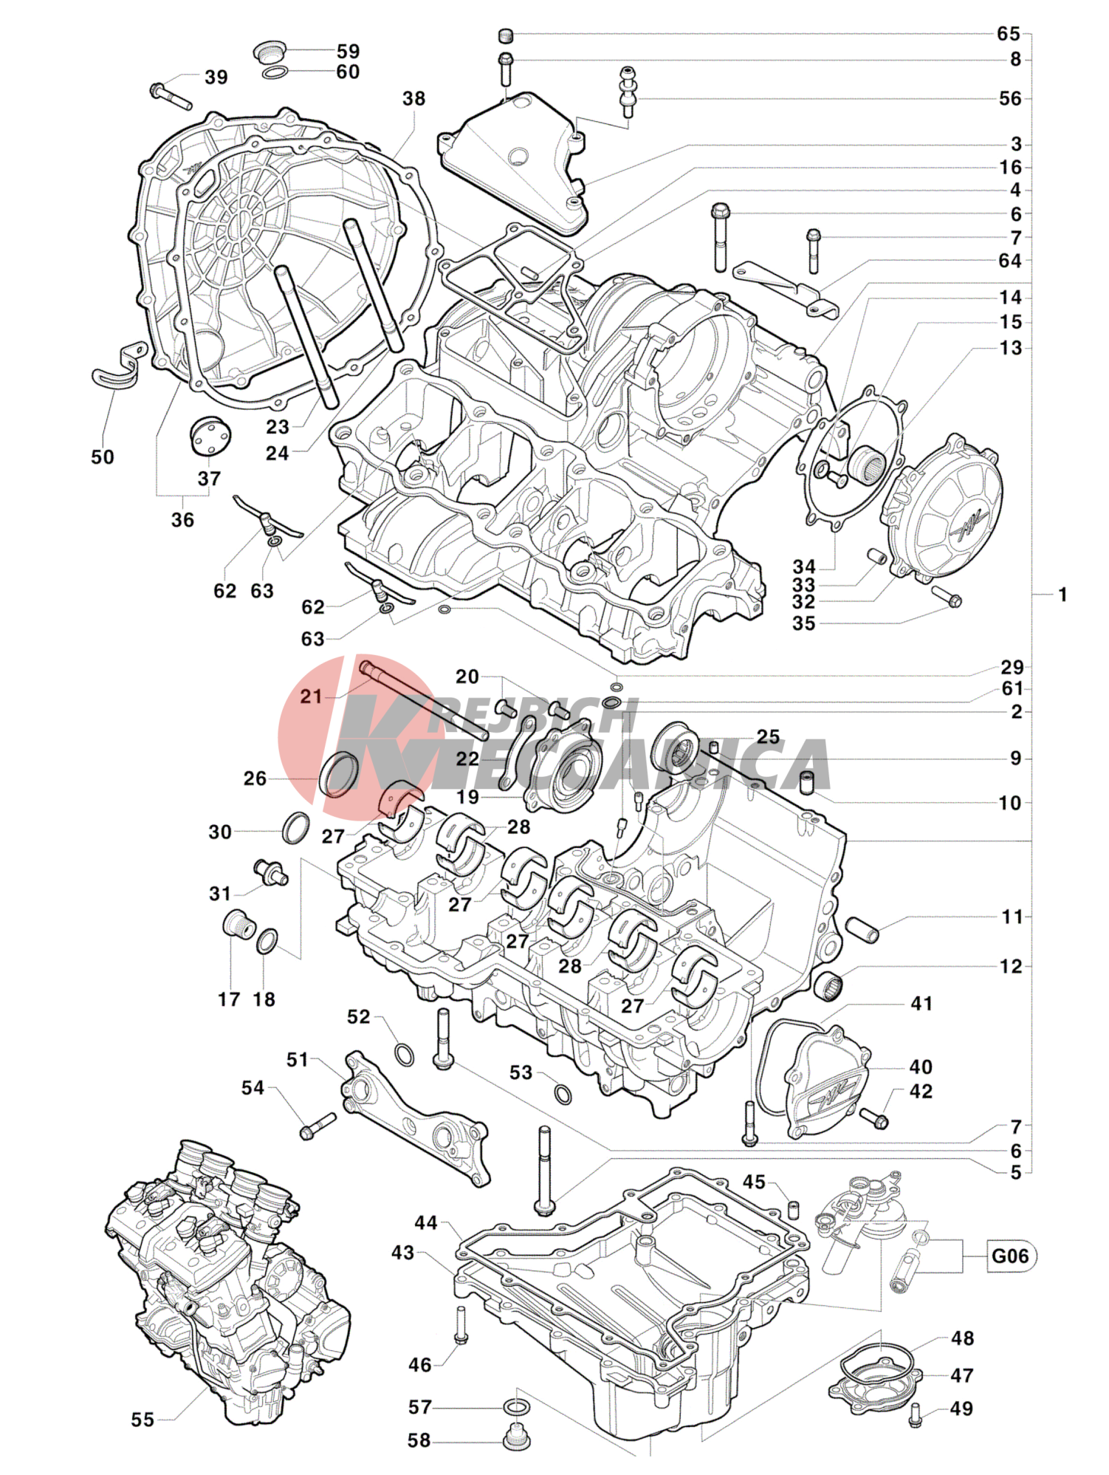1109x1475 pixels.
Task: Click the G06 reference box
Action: click(1010, 1256)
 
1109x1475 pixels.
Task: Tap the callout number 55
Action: click(143, 1420)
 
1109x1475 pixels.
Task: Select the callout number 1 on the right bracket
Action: click(1062, 595)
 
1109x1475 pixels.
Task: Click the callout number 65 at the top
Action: click(1008, 34)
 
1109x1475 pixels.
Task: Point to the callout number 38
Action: click(413, 99)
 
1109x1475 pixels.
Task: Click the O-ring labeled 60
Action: click(275, 72)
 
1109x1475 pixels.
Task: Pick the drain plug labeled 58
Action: click(516, 1437)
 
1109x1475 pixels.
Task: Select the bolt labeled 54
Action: click(317, 1126)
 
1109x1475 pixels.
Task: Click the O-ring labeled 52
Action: click(404, 1054)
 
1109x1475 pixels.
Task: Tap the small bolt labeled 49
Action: click(916, 1414)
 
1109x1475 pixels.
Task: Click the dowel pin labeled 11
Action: click(862, 930)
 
